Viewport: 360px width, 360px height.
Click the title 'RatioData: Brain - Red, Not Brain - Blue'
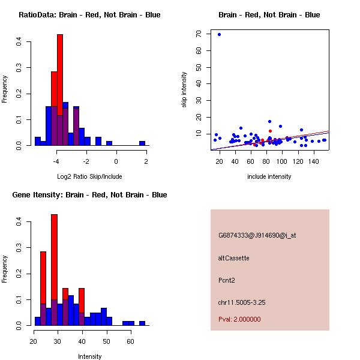(89, 15)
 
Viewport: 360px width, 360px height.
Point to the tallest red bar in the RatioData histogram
(60, 90)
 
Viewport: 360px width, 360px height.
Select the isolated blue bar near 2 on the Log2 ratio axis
(142, 143)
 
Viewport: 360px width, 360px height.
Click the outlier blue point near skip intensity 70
(220, 34)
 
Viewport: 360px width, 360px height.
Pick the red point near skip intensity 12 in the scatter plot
(271, 131)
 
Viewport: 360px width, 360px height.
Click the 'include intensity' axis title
(269, 176)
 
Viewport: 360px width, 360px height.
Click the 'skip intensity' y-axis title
(184, 90)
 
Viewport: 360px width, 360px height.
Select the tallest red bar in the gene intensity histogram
(54, 269)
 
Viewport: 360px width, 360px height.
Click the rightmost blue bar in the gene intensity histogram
(142, 323)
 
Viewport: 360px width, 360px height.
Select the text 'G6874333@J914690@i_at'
(257, 235)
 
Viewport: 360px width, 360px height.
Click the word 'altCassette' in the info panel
(233, 258)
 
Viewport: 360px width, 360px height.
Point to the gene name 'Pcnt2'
(227, 280)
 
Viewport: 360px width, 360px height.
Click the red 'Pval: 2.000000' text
(239, 319)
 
